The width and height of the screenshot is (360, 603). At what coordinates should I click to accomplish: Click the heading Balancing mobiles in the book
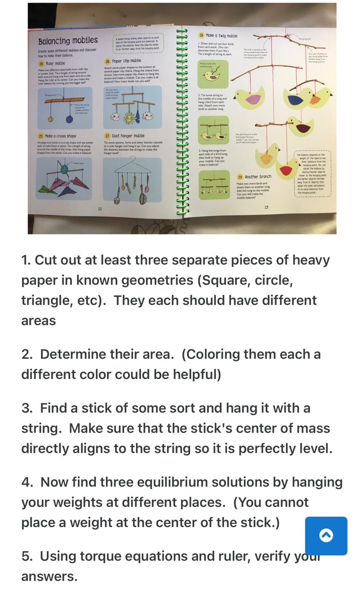(68, 40)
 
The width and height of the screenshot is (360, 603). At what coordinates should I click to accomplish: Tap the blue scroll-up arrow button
(326, 536)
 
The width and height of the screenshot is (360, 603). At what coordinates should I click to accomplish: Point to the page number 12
(100, 209)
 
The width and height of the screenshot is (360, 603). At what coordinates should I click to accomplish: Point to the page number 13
(266, 207)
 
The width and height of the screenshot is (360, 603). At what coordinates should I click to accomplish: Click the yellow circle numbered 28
(201, 35)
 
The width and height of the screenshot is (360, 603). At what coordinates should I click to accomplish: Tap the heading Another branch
(258, 176)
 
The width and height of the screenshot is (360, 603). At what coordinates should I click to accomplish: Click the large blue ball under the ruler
(69, 119)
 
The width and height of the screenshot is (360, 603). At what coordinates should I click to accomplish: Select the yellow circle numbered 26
(107, 61)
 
